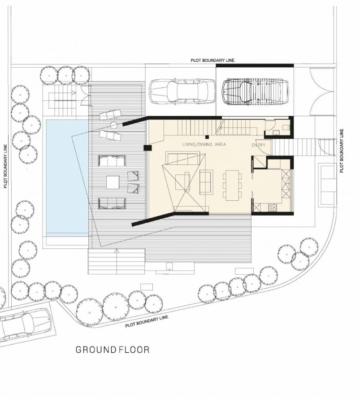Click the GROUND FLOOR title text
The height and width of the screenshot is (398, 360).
tap(113, 350)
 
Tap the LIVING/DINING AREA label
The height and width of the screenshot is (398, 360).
tap(204, 144)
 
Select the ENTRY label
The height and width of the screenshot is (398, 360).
tap(258, 145)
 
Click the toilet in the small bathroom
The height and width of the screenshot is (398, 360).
tap(286, 127)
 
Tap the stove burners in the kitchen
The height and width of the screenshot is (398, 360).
tap(273, 208)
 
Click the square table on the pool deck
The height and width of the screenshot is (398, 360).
tap(113, 182)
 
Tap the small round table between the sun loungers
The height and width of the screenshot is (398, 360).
tap(114, 125)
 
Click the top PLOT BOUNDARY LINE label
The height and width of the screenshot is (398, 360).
tap(213, 61)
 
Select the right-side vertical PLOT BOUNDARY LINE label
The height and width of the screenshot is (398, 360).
tap(342, 151)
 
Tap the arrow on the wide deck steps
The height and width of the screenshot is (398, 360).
tap(117, 261)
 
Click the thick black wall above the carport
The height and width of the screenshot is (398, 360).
tap(255, 65)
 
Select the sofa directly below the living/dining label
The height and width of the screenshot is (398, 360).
tap(182, 158)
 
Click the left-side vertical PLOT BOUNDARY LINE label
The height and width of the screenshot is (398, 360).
tap(5, 166)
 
